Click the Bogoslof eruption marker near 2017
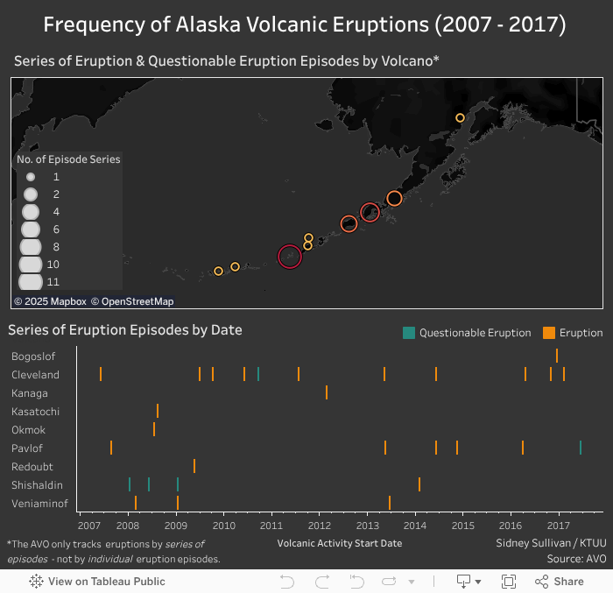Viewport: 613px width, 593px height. [557, 356]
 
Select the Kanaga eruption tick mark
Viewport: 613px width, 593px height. [327, 392]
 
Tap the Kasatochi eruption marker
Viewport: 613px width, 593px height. [158, 411]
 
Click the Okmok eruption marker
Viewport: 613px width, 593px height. [154, 429]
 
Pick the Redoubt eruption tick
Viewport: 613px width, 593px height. [194, 466]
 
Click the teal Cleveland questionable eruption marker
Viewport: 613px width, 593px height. [258, 374]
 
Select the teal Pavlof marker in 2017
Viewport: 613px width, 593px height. [581, 448]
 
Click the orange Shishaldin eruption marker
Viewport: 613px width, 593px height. [419, 484]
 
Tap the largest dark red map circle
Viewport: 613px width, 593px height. [290, 256]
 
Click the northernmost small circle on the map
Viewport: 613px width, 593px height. [460, 117]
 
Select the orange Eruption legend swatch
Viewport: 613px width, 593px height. [549, 333]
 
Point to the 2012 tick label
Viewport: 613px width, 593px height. [320, 526]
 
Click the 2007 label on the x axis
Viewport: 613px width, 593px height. [88, 526]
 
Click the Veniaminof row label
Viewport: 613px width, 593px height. [36, 503]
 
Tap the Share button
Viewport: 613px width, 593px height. [560, 582]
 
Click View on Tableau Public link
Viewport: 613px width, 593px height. [97, 582]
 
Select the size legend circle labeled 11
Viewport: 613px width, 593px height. [31, 282]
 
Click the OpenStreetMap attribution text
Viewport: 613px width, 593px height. [137, 301]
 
